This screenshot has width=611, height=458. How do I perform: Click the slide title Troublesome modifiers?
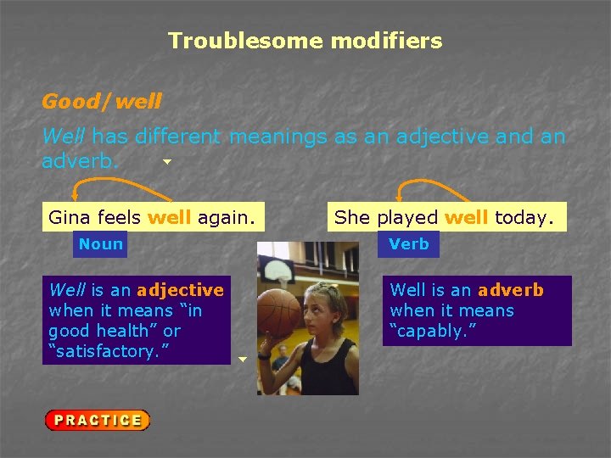point(305,41)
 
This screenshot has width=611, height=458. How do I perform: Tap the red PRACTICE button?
point(98,420)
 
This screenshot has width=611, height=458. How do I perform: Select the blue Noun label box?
point(100,244)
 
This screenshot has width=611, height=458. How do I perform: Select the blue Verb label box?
point(409,244)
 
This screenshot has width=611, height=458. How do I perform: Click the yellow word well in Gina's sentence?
point(169,217)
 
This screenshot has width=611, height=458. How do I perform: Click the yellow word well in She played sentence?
point(466,217)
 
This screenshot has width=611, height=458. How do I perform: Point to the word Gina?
point(70,217)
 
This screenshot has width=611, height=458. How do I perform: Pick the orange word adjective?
point(180,290)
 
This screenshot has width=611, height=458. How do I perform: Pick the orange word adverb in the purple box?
point(511,290)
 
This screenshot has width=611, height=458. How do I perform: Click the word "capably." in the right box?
point(433,331)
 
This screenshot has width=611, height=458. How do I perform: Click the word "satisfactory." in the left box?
point(110,351)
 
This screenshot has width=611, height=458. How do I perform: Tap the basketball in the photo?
point(279,313)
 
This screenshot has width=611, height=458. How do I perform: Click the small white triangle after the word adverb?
point(167,161)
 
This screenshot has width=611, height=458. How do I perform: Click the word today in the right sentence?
point(523,217)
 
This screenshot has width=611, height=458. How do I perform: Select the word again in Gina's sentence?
point(225,217)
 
